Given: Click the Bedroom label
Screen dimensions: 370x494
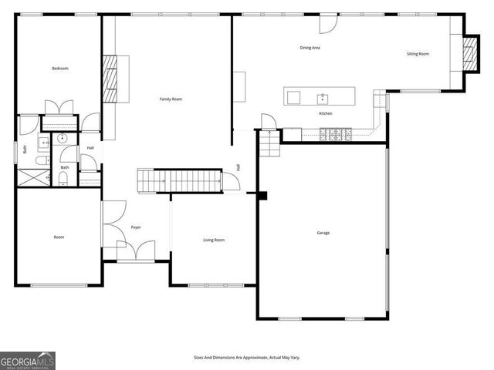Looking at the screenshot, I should pyautogui.click(x=60, y=69).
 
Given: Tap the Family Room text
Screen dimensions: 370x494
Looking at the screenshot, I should pyautogui.click(x=171, y=99).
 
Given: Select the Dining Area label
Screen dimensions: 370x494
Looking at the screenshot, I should pyautogui.click(x=310, y=48).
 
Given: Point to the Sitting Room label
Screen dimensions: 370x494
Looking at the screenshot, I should pyautogui.click(x=418, y=53).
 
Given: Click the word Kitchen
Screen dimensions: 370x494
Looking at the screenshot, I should pyautogui.click(x=326, y=113).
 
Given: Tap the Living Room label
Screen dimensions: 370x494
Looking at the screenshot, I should pyautogui.click(x=214, y=240).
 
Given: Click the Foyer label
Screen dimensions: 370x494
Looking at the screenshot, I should pyautogui.click(x=136, y=227).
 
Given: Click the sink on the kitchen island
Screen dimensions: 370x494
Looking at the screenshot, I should pyautogui.click(x=323, y=97).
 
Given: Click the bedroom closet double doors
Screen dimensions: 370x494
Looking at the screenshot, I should pyautogui.click(x=59, y=108).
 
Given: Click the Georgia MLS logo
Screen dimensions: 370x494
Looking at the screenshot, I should pyautogui.click(x=28, y=360).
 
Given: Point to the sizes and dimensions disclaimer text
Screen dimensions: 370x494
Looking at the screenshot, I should pyautogui.click(x=246, y=358).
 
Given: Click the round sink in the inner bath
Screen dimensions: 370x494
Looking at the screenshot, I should pyautogui.click(x=61, y=140).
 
